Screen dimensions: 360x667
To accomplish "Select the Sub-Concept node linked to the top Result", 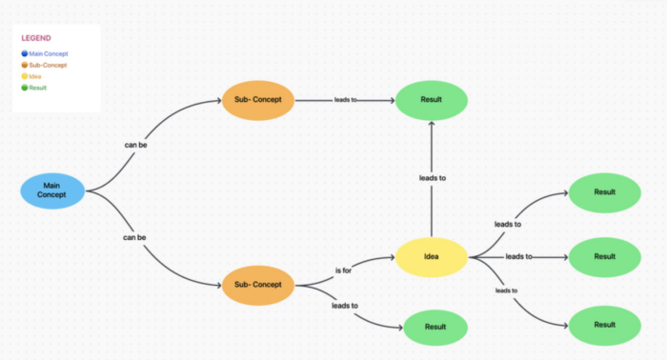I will pyautogui.click(x=259, y=99).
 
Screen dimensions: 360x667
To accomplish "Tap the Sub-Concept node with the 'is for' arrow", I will pyautogui.click(x=259, y=284).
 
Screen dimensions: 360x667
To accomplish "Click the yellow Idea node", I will pyautogui.click(x=432, y=255).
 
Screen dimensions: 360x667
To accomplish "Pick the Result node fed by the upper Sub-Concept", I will pyautogui.click(x=432, y=99).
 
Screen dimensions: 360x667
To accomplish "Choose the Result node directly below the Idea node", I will pyautogui.click(x=435, y=327).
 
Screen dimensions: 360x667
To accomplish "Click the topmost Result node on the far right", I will pyautogui.click(x=604, y=192).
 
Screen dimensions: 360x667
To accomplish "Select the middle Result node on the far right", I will pyautogui.click(x=604, y=256).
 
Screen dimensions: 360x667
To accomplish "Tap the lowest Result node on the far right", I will pyautogui.click(x=604, y=325).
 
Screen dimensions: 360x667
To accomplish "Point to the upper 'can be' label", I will pyautogui.click(x=135, y=146).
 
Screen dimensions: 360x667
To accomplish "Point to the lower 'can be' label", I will pyautogui.click(x=135, y=235).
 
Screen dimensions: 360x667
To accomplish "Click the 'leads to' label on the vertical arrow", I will pyautogui.click(x=433, y=177).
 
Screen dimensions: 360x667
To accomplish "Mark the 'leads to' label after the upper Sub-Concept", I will pyautogui.click(x=345, y=99).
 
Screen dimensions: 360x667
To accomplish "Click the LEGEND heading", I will pyautogui.click(x=36, y=38).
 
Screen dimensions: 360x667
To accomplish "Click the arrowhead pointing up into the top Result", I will pyautogui.click(x=432, y=125).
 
